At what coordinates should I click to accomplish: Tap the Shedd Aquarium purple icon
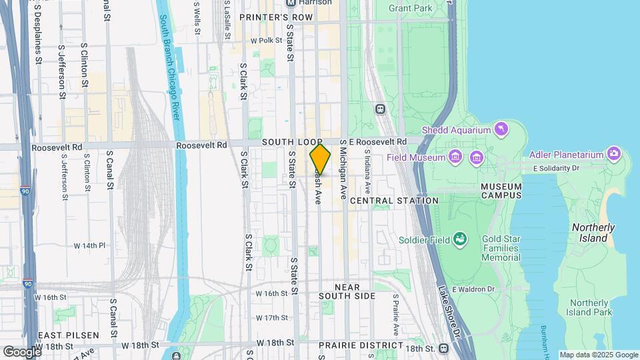[x=500, y=128]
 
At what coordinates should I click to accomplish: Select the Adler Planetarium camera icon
[x=613, y=155]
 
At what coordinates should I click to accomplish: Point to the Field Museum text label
[x=416, y=158]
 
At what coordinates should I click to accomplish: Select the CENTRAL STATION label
[x=394, y=201]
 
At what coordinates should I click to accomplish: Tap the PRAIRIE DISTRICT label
[x=361, y=345]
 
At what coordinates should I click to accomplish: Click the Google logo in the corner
[x=22, y=351]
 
